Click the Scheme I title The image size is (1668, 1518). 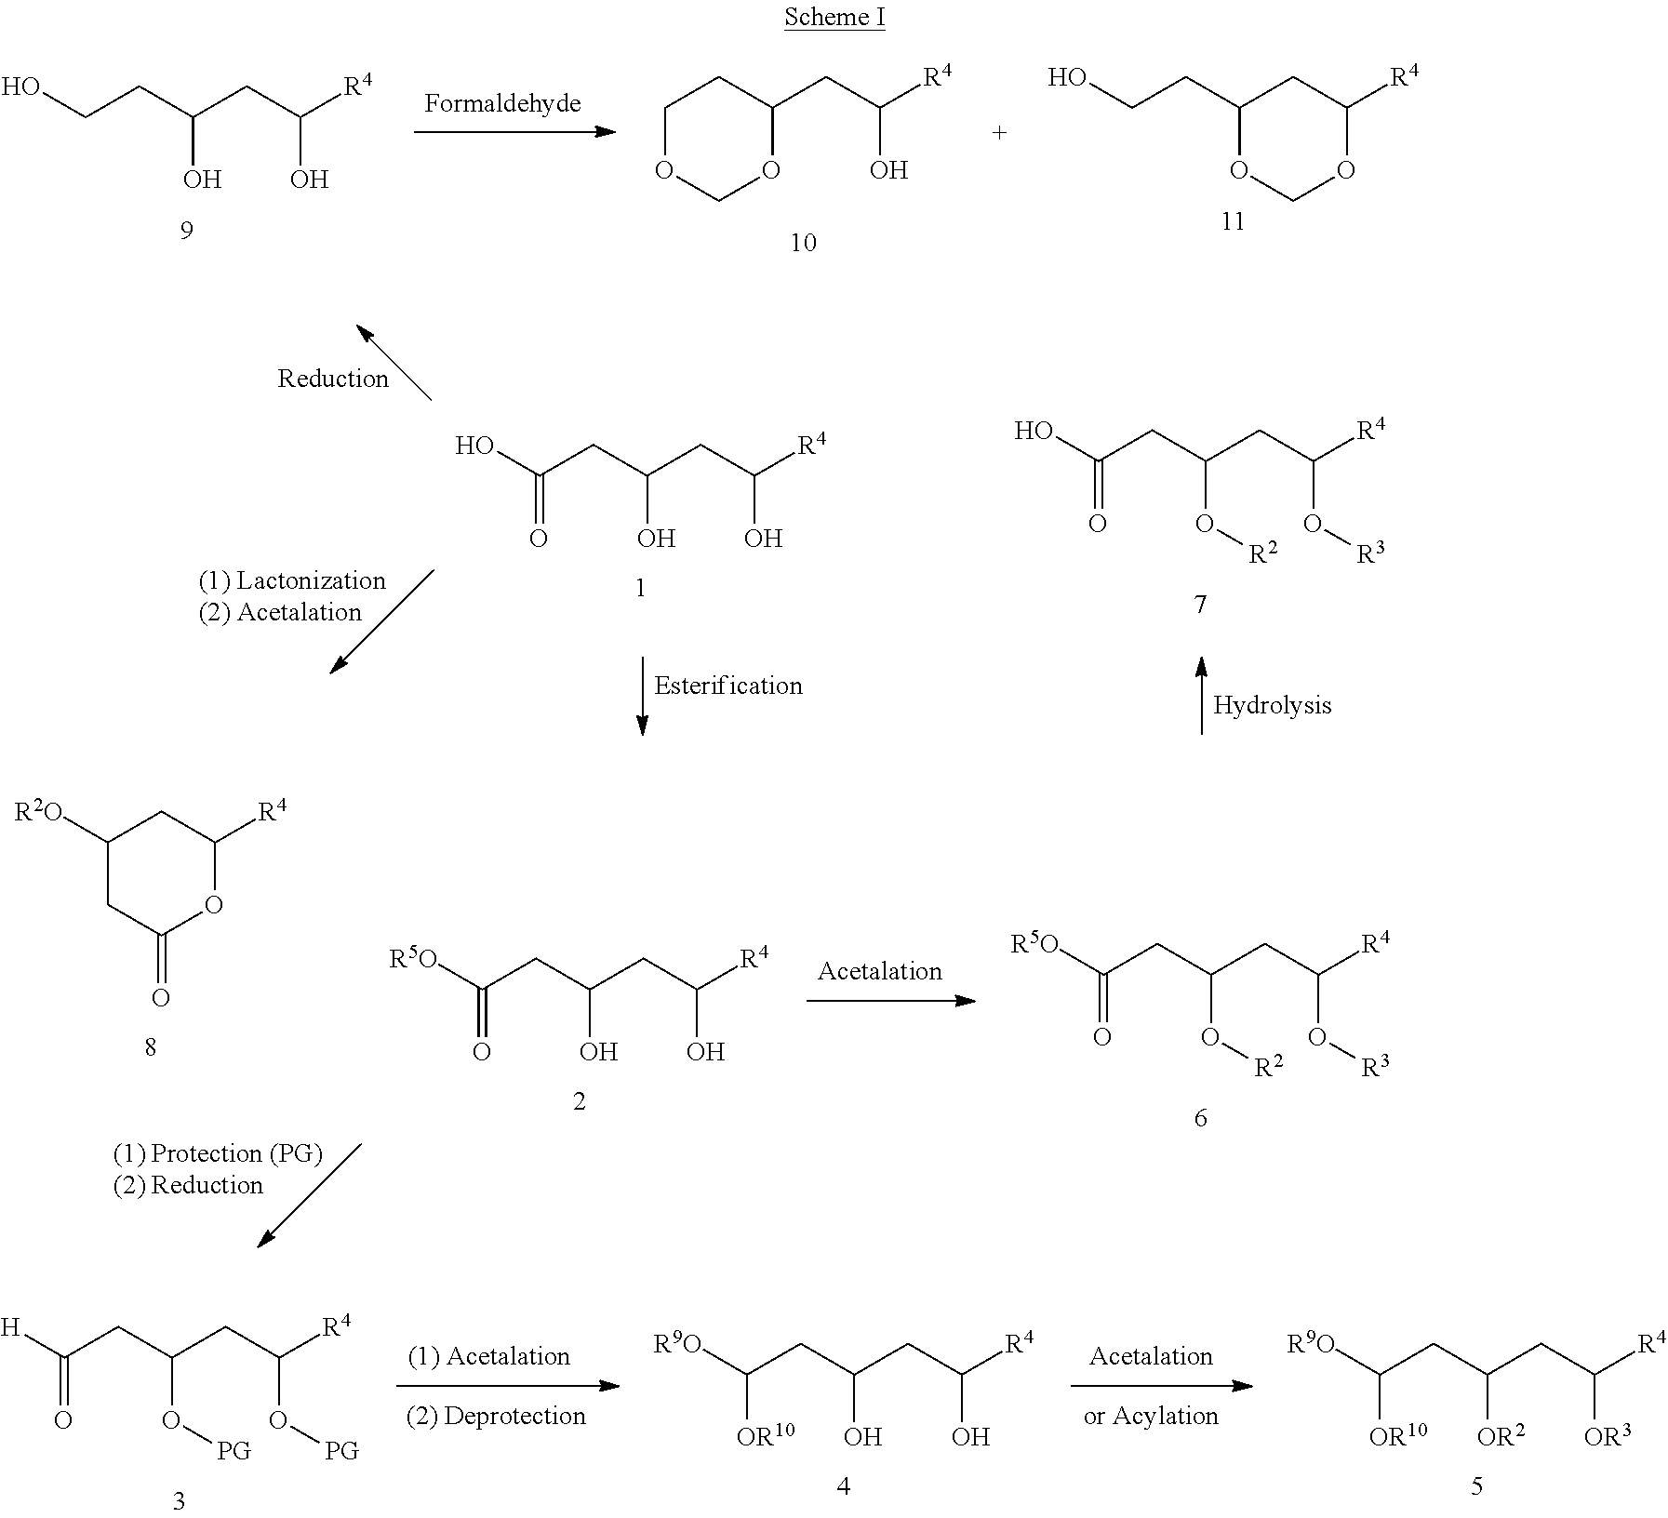pyautogui.click(x=834, y=17)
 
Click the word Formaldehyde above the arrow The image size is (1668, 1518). pyautogui.click(x=503, y=103)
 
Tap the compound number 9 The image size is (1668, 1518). pyautogui.click(x=187, y=230)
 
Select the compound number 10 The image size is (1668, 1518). pyautogui.click(x=803, y=243)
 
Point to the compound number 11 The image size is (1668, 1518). pyautogui.click(x=1233, y=221)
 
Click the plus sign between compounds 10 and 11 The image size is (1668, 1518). pyautogui.click(x=999, y=132)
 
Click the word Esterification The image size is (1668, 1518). pyautogui.click(x=728, y=686)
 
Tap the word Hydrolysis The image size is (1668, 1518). pyautogui.click(x=1272, y=705)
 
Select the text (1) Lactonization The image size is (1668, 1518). pyautogui.click(x=292, y=581)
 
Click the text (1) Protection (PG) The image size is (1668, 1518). pyautogui.click(x=218, y=1154)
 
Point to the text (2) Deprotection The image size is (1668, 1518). pyautogui.click(x=496, y=1417)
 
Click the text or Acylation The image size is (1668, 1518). pyautogui.click(x=1151, y=1417)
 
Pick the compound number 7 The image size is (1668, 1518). pyautogui.click(x=1200, y=606)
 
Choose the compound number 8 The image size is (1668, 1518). pyautogui.click(x=150, y=1048)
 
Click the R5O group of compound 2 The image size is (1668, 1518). pyautogui.click(x=413, y=958)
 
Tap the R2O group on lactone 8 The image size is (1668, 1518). pyautogui.click(x=38, y=812)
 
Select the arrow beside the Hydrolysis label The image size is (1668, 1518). pyautogui.click(x=1201, y=696)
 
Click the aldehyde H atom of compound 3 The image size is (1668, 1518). pyautogui.click(x=10, y=1327)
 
